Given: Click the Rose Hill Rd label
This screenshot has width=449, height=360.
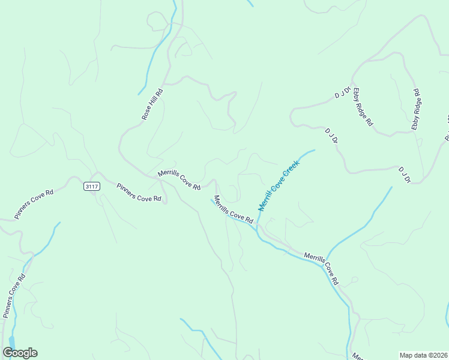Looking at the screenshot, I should pyautogui.click(x=152, y=105).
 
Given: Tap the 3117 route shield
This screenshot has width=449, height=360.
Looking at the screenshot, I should pyautogui.click(x=92, y=187).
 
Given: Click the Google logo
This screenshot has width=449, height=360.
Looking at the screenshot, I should pyautogui.click(x=20, y=353).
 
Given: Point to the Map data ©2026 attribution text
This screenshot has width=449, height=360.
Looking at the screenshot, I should pyautogui.click(x=423, y=355).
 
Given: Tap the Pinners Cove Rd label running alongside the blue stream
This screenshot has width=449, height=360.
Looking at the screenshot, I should pyautogui.click(x=14, y=296).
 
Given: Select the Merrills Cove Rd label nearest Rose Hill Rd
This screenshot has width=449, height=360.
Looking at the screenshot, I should pyautogui.click(x=179, y=180).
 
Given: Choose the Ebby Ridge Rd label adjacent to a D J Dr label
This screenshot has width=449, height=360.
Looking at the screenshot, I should pyautogui.click(x=363, y=107).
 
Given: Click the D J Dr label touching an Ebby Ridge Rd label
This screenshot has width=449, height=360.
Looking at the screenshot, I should pyautogui.click(x=342, y=92).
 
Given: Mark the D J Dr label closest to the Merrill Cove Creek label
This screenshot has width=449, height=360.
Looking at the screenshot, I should pyautogui.click(x=331, y=136).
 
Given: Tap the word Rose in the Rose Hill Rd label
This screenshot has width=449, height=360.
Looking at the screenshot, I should pyautogui.click(x=147, y=113).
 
